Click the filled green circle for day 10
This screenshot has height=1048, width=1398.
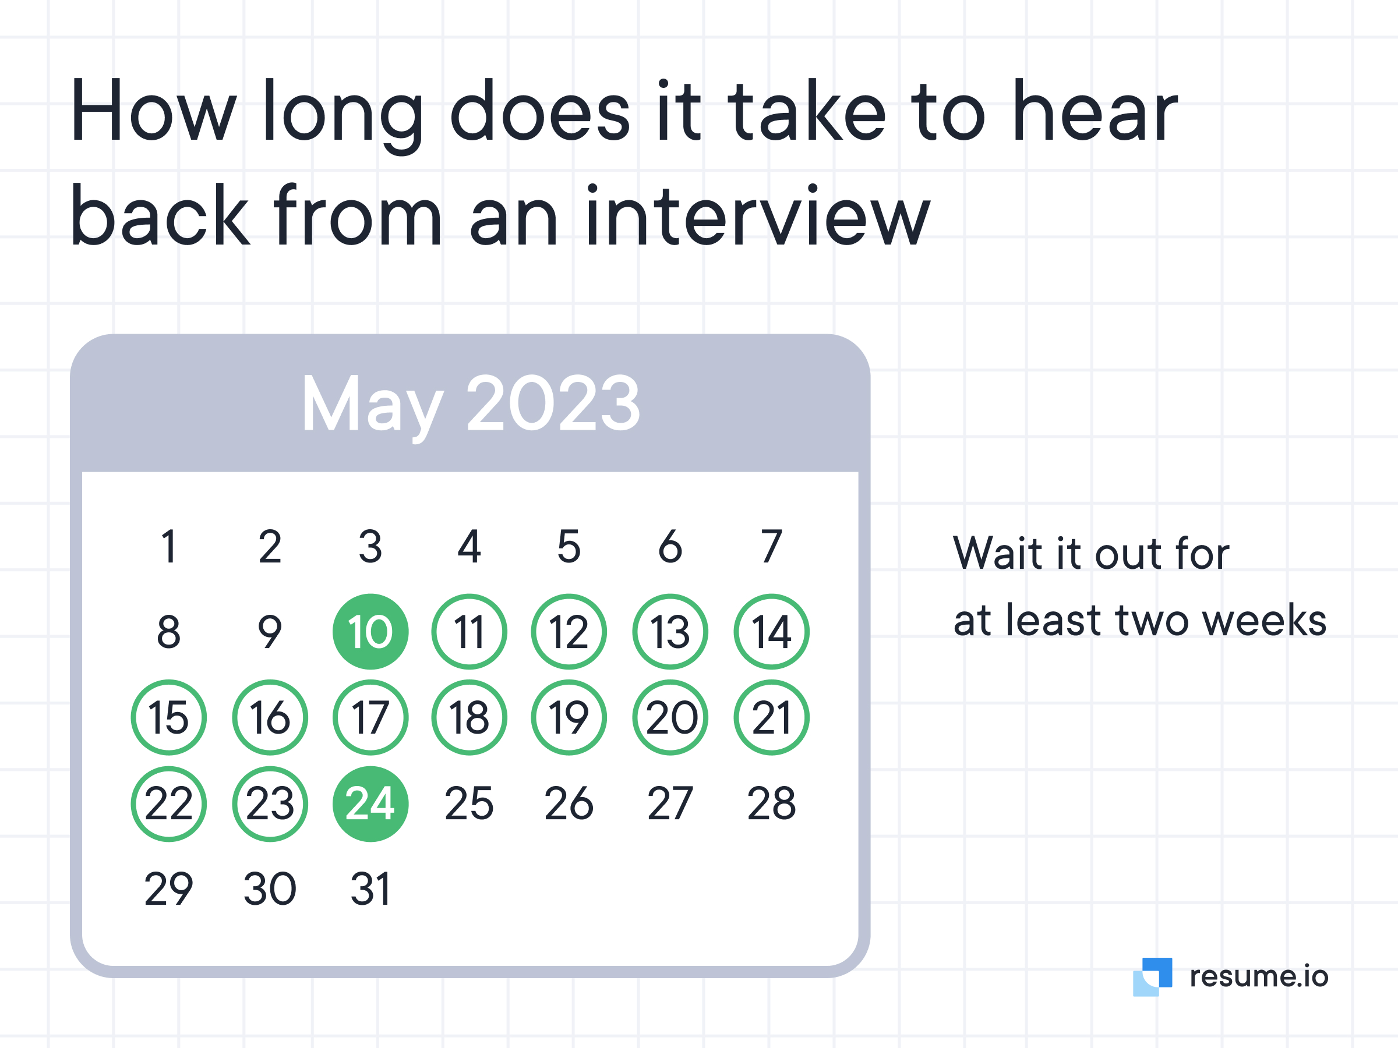(x=370, y=632)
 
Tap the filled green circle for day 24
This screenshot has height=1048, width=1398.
(x=370, y=804)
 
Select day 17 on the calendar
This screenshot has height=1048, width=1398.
(x=370, y=718)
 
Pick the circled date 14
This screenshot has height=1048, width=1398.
(x=771, y=632)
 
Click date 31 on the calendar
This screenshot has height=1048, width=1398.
(x=371, y=890)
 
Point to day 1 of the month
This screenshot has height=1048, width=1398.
(x=169, y=547)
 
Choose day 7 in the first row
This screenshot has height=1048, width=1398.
(x=771, y=547)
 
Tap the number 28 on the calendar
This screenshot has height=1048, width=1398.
(x=771, y=803)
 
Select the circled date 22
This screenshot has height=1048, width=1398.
(x=169, y=804)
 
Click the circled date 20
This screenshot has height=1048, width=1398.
(x=670, y=718)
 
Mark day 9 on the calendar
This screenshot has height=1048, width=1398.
(x=270, y=632)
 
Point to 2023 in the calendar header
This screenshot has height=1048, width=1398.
(x=553, y=402)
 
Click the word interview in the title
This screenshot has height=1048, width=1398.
(x=758, y=215)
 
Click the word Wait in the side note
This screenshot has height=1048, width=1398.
(x=998, y=553)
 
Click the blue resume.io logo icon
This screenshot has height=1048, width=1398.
(x=1152, y=976)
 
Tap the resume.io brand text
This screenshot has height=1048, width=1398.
(x=1259, y=976)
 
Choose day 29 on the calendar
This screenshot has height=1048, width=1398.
(x=169, y=890)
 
